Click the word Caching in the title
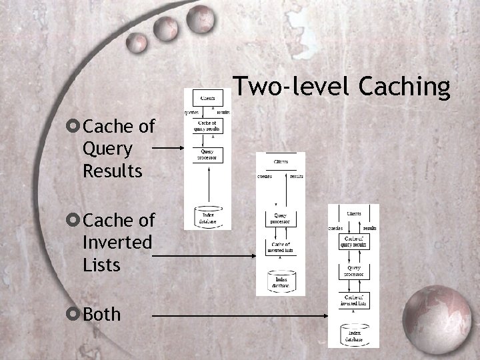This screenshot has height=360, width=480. [x=405, y=87]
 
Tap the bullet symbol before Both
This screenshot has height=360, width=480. [x=74, y=313]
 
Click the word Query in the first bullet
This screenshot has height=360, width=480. [x=107, y=148]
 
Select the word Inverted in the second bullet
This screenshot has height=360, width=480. [x=117, y=243]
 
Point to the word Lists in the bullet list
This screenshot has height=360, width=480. [x=101, y=265]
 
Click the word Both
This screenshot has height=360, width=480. [x=103, y=313]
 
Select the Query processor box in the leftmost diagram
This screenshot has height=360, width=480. [x=207, y=155]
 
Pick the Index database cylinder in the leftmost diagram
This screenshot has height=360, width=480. [x=207, y=215]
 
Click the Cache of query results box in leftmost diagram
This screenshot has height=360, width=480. [x=207, y=125]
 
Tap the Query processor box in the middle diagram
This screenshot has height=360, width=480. [x=281, y=218]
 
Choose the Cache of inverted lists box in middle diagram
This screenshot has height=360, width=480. [x=281, y=246]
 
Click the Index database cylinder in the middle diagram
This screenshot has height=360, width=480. [x=281, y=279]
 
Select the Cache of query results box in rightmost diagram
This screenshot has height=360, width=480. [x=353, y=241]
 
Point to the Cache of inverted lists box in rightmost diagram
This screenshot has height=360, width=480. [x=353, y=300]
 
